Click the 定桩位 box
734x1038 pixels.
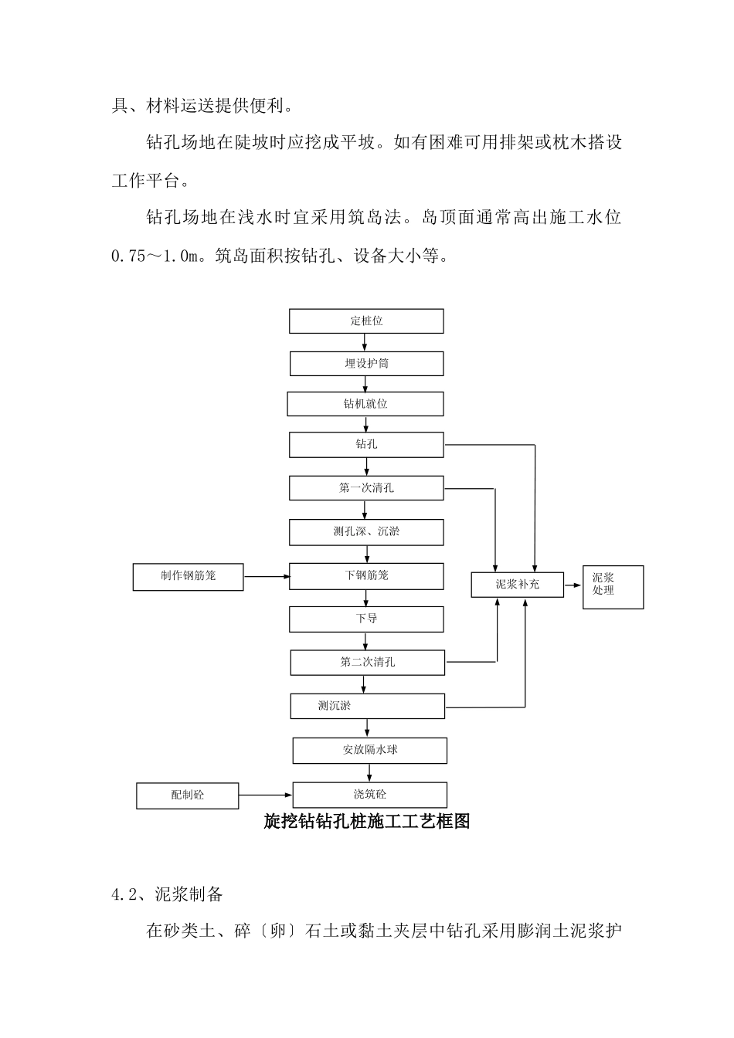[x=366, y=321]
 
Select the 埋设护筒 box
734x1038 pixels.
[x=366, y=364]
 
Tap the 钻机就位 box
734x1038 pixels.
[x=365, y=404]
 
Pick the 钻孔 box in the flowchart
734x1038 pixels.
[x=366, y=445]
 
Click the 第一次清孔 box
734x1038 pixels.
[x=366, y=488]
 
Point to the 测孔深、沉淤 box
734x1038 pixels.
[x=366, y=532]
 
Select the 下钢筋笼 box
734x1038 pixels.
[x=366, y=576]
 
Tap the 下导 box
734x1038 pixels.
[x=366, y=619]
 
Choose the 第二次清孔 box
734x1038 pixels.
[x=367, y=663]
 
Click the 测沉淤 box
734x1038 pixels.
[x=367, y=706]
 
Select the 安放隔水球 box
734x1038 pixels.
[x=369, y=750]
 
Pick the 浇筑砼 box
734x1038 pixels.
[x=369, y=795]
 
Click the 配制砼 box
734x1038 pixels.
[x=187, y=795]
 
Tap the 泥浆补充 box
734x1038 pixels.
[x=518, y=585]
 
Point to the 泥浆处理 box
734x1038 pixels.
[x=613, y=587]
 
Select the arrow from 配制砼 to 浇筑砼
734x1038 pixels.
[x=265, y=795]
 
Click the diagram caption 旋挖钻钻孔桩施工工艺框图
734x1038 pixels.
[x=367, y=822]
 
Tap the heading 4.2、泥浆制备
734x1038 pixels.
[x=168, y=894]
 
